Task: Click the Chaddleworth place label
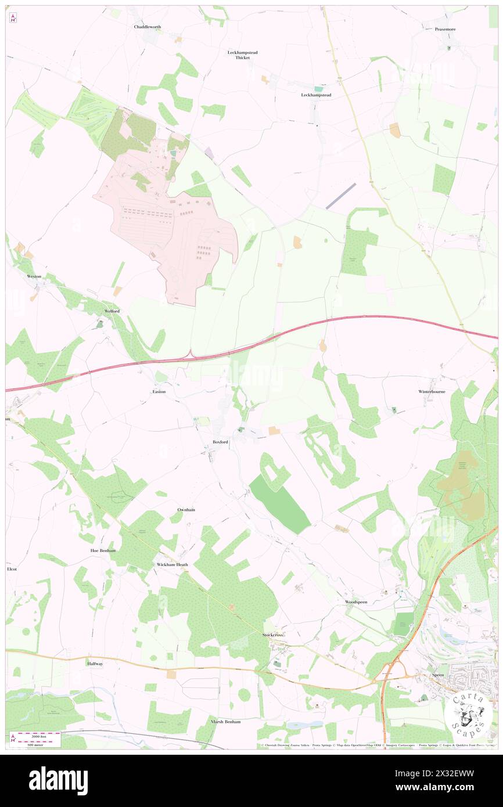coord(147,27)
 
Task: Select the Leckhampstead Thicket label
coord(242,55)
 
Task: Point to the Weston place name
coord(34,276)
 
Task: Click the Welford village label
coord(112,311)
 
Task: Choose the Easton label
coord(159,392)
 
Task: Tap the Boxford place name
coord(220,442)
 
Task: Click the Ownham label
coord(186,510)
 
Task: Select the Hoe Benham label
coord(103,550)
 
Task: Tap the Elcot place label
coord(12,569)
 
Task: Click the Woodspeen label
coord(355,602)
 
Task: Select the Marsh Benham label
coord(225,721)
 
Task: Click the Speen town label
coord(438,676)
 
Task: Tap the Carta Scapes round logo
coord(467,715)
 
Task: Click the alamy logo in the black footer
coord(58,781)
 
